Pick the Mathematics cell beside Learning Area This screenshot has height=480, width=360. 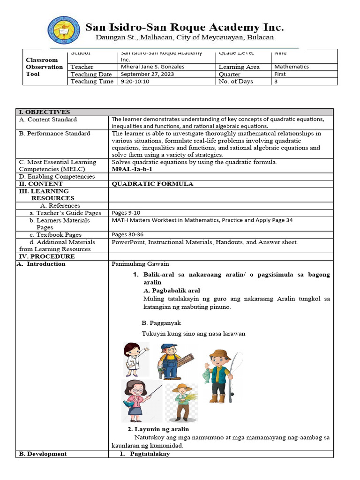pos(292,67)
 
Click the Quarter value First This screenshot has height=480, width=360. pos(280,74)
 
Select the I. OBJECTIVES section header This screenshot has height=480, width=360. pos(44,112)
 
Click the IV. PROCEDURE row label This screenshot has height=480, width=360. pos(46,256)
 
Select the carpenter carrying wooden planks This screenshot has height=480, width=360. pos(171,360)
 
